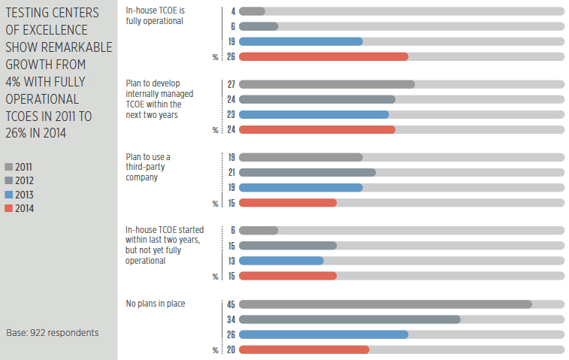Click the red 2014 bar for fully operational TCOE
323,56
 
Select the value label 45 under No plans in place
231,304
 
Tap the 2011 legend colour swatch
8,167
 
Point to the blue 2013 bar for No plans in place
323,334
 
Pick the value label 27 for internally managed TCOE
231,84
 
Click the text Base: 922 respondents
52,332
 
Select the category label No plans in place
155,304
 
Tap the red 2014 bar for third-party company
287,203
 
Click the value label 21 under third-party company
231,173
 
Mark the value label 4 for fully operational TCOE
233,11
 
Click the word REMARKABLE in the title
78,47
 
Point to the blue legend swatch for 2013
8,195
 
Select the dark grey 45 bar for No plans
385,304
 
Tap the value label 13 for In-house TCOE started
231,261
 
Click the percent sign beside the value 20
216,350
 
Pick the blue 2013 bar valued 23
313,114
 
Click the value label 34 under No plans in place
231,319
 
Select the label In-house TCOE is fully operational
155,17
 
